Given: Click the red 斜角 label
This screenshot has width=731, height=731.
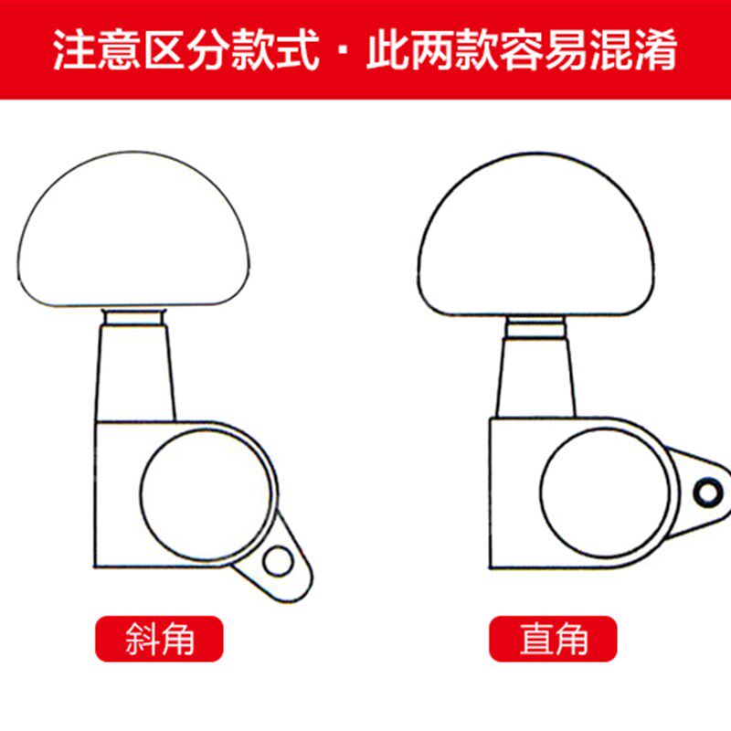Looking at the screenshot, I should click(x=159, y=639).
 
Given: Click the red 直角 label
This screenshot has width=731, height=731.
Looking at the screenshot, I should click(x=553, y=639).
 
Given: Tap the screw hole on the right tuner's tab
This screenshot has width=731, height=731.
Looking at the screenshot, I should click(x=703, y=493).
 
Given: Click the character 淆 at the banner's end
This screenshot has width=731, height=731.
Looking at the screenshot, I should click(x=655, y=51).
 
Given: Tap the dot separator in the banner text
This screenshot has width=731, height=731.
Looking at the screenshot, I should click(x=342, y=52).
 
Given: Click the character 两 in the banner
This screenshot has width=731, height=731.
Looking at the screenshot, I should click(x=432, y=51).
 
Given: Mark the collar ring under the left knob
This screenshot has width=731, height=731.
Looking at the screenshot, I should click(x=135, y=315).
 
